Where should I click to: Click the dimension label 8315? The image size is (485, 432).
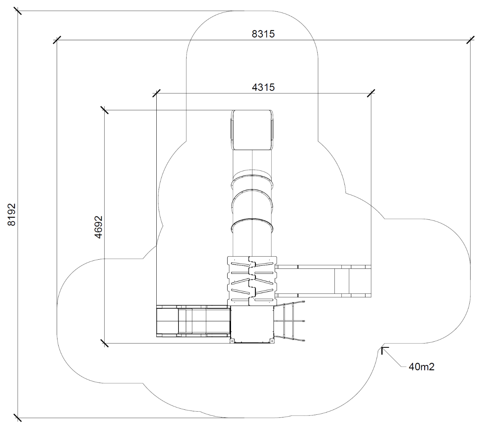click(263, 34)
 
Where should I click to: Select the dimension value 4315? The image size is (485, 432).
click(263, 87)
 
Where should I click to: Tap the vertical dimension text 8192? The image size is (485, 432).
click(12, 215)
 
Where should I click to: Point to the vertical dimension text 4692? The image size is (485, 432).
click(98, 227)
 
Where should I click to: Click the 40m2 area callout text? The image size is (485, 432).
click(421, 367)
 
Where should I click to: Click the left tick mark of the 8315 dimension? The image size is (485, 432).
click(57, 40)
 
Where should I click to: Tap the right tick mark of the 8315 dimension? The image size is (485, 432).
click(470, 40)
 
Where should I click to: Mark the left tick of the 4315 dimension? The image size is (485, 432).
click(156, 93)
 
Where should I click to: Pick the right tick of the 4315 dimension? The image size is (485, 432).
click(371, 93)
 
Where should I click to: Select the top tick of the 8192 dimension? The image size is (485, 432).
click(18, 11)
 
